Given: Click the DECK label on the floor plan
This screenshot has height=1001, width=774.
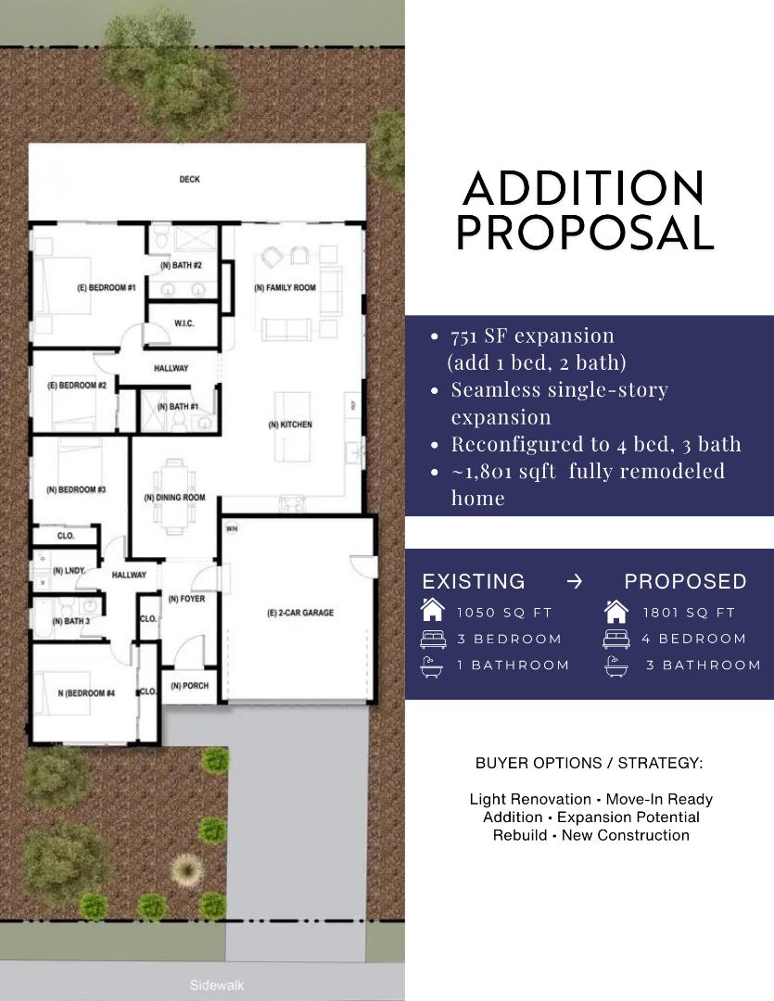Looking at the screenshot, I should (189, 180).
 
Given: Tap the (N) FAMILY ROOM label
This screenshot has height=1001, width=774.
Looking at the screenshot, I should (285, 288).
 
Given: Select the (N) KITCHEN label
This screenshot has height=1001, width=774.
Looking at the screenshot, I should (290, 424).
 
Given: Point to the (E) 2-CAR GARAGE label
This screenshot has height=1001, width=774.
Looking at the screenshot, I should (299, 613).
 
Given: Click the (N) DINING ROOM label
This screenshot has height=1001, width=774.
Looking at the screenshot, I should (174, 498).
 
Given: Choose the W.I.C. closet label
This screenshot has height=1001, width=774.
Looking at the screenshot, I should (184, 323).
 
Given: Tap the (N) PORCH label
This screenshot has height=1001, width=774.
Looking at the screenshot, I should (189, 686).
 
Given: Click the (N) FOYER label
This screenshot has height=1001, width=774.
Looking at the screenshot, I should (186, 599).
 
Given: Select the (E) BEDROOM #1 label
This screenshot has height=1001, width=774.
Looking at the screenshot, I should (106, 288).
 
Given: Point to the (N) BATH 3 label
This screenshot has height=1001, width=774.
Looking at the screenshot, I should (71, 621).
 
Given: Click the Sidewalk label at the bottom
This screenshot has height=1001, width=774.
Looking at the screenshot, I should (217, 985).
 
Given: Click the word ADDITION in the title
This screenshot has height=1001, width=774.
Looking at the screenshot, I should (583, 189).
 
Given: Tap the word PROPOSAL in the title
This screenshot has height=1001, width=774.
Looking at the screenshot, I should (585, 233).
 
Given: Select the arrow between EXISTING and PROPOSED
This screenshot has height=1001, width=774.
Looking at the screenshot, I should (575, 581).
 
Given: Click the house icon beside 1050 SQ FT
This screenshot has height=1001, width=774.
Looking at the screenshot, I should (432, 611).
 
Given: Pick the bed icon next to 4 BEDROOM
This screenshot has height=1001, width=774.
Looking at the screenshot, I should (616, 639).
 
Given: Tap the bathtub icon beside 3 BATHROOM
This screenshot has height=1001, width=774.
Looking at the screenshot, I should (616, 665).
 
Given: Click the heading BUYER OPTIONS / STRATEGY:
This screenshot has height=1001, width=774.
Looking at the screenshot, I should (589, 764).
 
